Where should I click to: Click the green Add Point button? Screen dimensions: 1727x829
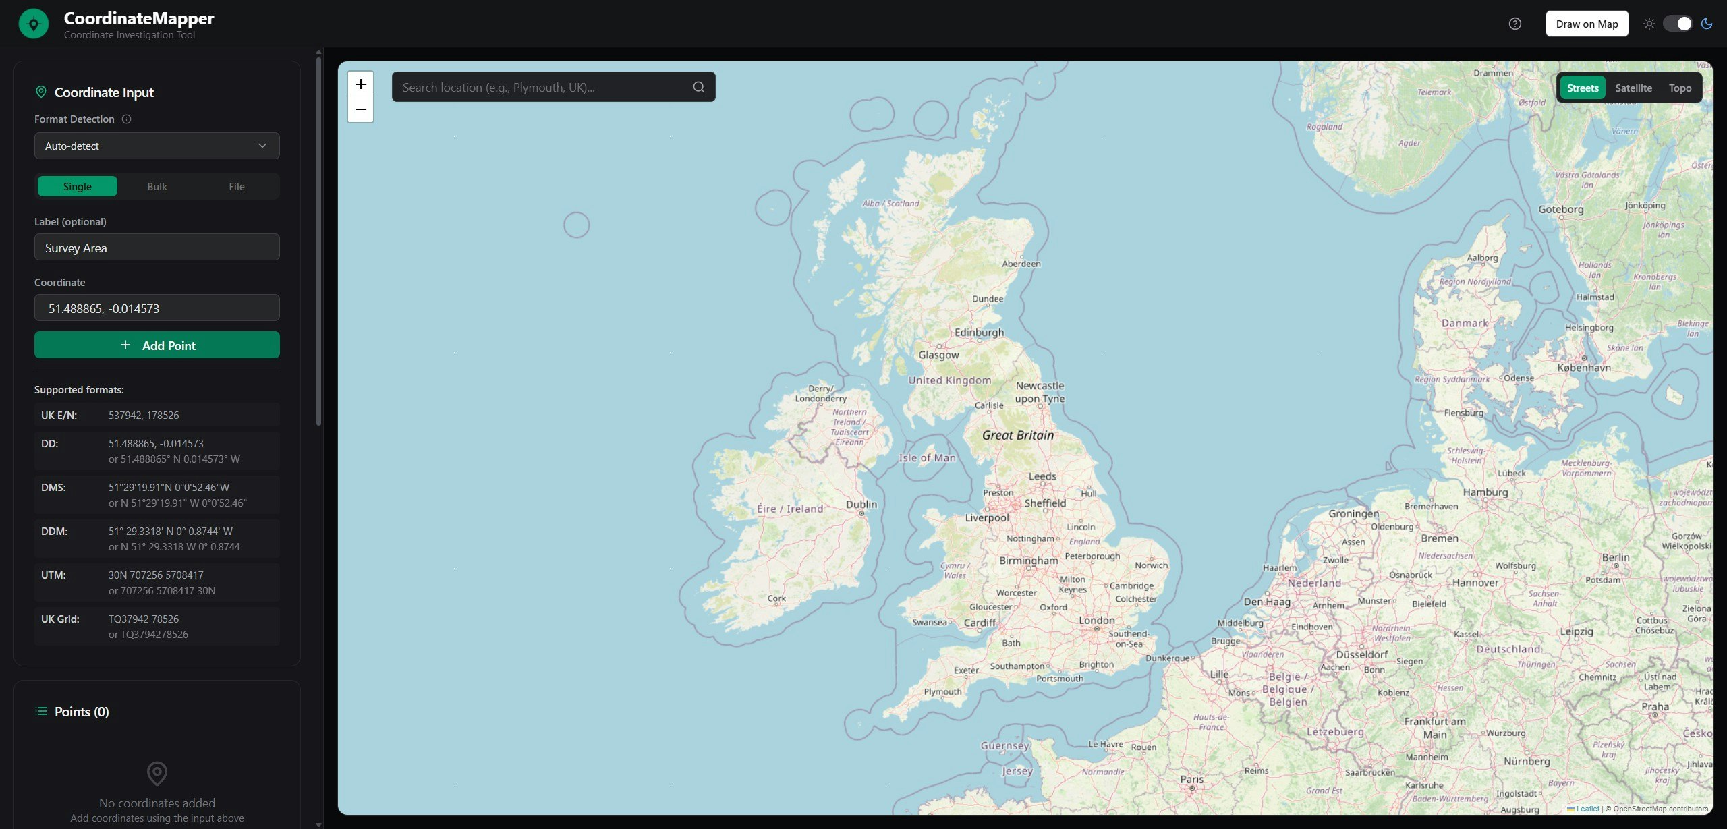[157, 345]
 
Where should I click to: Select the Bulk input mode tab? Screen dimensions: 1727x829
[157, 186]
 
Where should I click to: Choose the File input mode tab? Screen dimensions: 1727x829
[236, 186]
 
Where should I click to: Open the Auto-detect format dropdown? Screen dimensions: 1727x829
[157, 146]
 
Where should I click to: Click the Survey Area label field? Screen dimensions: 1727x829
[157, 248]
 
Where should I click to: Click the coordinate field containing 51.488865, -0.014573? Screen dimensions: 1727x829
[157, 308]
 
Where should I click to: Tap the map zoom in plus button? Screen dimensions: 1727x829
[361, 84]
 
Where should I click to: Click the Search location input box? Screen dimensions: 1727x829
[543, 87]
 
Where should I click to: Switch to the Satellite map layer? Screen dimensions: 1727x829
[1633, 88]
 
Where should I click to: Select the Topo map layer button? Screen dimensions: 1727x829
[1680, 88]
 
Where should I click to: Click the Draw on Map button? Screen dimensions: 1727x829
[1587, 24]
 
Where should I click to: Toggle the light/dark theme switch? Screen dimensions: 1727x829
[1678, 24]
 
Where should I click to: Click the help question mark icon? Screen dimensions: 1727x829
[1515, 24]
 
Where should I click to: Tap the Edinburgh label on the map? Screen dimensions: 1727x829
[979, 333]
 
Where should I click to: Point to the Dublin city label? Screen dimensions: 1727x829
[861, 504]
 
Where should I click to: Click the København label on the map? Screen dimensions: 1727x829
[1584, 368]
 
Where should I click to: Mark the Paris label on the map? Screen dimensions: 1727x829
[1191, 779]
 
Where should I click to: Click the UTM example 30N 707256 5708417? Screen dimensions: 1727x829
[156, 575]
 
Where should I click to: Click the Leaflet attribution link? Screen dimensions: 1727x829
[1587, 809]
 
